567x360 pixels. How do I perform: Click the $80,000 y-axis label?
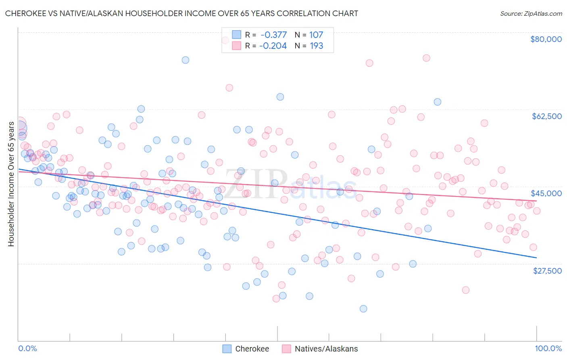click(546, 39)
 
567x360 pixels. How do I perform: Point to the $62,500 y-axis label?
click(546, 116)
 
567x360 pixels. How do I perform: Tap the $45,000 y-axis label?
click(546, 193)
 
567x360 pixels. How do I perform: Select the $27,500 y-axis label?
click(547, 271)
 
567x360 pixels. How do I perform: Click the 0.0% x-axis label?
click(27, 348)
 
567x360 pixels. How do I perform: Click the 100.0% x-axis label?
click(548, 348)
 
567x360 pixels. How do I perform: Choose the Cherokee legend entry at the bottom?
click(246, 349)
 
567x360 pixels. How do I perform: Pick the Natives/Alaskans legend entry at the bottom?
click(320, 349)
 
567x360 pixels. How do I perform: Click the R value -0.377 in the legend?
click(273, 35)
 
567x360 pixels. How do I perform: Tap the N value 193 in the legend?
click(317, 46)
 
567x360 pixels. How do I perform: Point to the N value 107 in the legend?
click(316, 35)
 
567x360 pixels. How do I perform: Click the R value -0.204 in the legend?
click(273, 46)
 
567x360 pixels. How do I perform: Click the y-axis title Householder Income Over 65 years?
click(11, 184)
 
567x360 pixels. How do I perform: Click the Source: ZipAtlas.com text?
click(531, 13)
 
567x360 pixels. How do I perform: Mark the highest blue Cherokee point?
click(186, 60)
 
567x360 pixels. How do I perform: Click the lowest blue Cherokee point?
click(363, 309)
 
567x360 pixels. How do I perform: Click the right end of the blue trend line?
click(536, 257)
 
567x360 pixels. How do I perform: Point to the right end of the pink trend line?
click(536, 201)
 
